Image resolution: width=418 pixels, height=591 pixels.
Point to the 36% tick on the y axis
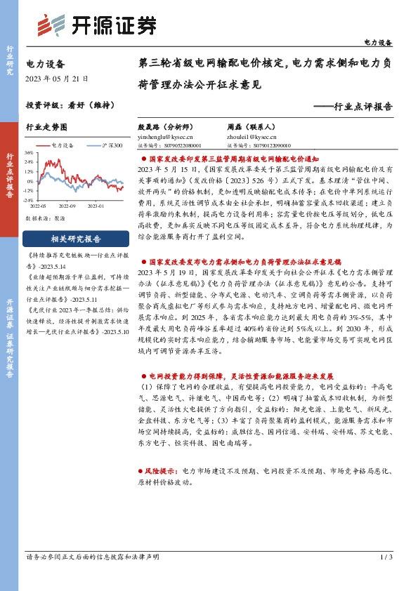tap(30, 152)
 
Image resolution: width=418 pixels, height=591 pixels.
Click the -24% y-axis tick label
tap(29, 199)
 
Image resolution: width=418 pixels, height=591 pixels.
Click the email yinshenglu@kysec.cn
tap(163, 138)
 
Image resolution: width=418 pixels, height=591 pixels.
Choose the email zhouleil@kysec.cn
tap(252, 138)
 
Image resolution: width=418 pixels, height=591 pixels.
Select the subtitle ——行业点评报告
tap(352, 107)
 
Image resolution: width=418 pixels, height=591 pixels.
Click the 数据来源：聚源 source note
tap(44, 218)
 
